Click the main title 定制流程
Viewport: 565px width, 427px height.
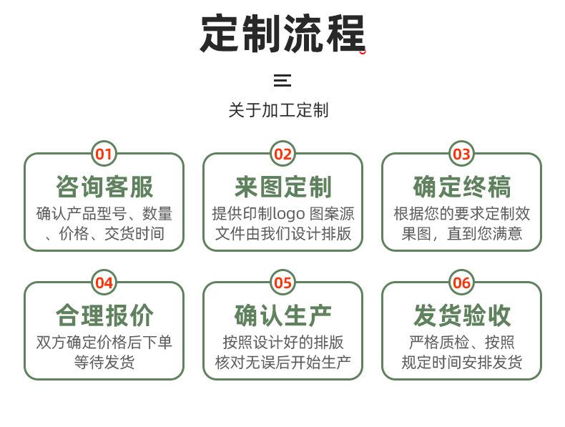pos(282,33)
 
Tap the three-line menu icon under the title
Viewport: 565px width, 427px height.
pos(282,80)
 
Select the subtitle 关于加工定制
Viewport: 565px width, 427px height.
pos(278,110)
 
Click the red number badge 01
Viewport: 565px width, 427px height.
pos(104,154)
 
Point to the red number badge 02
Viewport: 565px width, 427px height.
pos(282,154)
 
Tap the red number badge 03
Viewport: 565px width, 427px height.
pos(461,154)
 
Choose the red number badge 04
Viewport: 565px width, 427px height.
pos(104,283)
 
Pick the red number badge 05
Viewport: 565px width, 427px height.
pos(282,283)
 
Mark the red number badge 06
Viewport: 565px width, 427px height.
pos(461,283)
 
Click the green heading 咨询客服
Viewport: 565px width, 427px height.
pos(104,187)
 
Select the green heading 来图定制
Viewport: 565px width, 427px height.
pos(283,187)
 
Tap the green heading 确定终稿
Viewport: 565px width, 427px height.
pos(462,187)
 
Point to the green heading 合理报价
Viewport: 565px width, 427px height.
pos(104,315)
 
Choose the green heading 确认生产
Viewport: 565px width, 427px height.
pos(283,315)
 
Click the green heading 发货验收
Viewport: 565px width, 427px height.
pos(462,315)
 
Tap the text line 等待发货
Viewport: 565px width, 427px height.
pos(104,362)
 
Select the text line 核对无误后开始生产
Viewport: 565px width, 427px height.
pos(283,362)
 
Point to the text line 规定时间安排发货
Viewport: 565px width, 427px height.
pos(462,362)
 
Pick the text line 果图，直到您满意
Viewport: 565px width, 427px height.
pos(462,233)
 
